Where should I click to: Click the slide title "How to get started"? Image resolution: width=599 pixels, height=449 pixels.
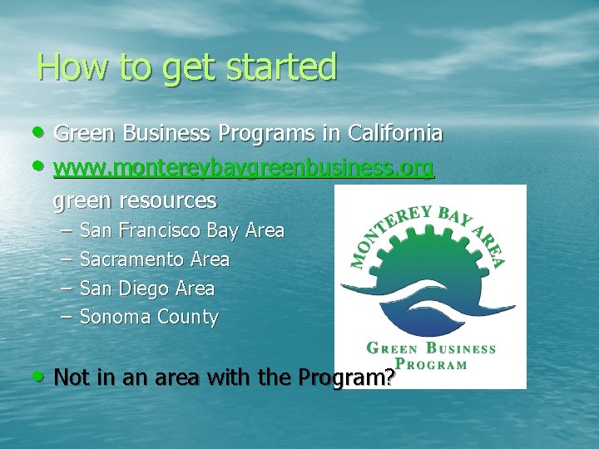tap(187, 67)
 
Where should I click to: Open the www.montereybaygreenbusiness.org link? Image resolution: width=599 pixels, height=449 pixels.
tap(244, 169)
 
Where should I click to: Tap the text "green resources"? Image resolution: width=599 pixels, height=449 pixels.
tap(135, 200)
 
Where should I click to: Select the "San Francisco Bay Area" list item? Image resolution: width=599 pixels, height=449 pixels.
tap(182, 230)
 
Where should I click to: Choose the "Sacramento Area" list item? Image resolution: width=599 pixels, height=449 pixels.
tap(155, 259)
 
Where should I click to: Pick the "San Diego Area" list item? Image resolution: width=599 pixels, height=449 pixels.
tap(147, 289)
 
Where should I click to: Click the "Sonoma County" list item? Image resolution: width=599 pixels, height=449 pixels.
tap(149, 317)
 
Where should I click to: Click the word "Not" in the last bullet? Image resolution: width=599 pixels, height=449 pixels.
tap(71, 377)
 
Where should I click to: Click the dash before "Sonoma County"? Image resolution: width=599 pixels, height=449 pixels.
tap(67, 317)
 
